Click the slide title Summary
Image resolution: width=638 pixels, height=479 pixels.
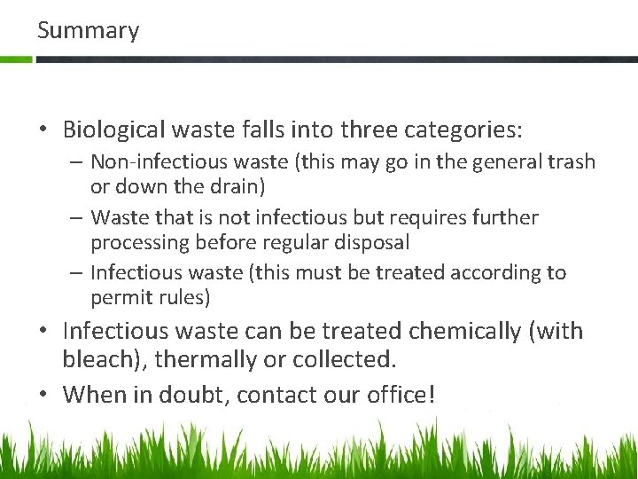pyautogui.click(x=88, y=31)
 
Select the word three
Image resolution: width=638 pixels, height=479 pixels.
pyautogui.click(x=364, y=130)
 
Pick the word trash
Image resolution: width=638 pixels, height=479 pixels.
pyautogui.click(x=572, y=162)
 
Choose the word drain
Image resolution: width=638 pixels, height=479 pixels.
pyautogui.click(x=236, y=187)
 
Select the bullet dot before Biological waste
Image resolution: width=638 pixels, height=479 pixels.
pyautogui.click(x=43, y=130)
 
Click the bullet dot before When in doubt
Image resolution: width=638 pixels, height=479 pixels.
pyautogui.click(x=43, y=393)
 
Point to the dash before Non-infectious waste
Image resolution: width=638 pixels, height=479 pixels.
pyautogui.click(x=77, y=162)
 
